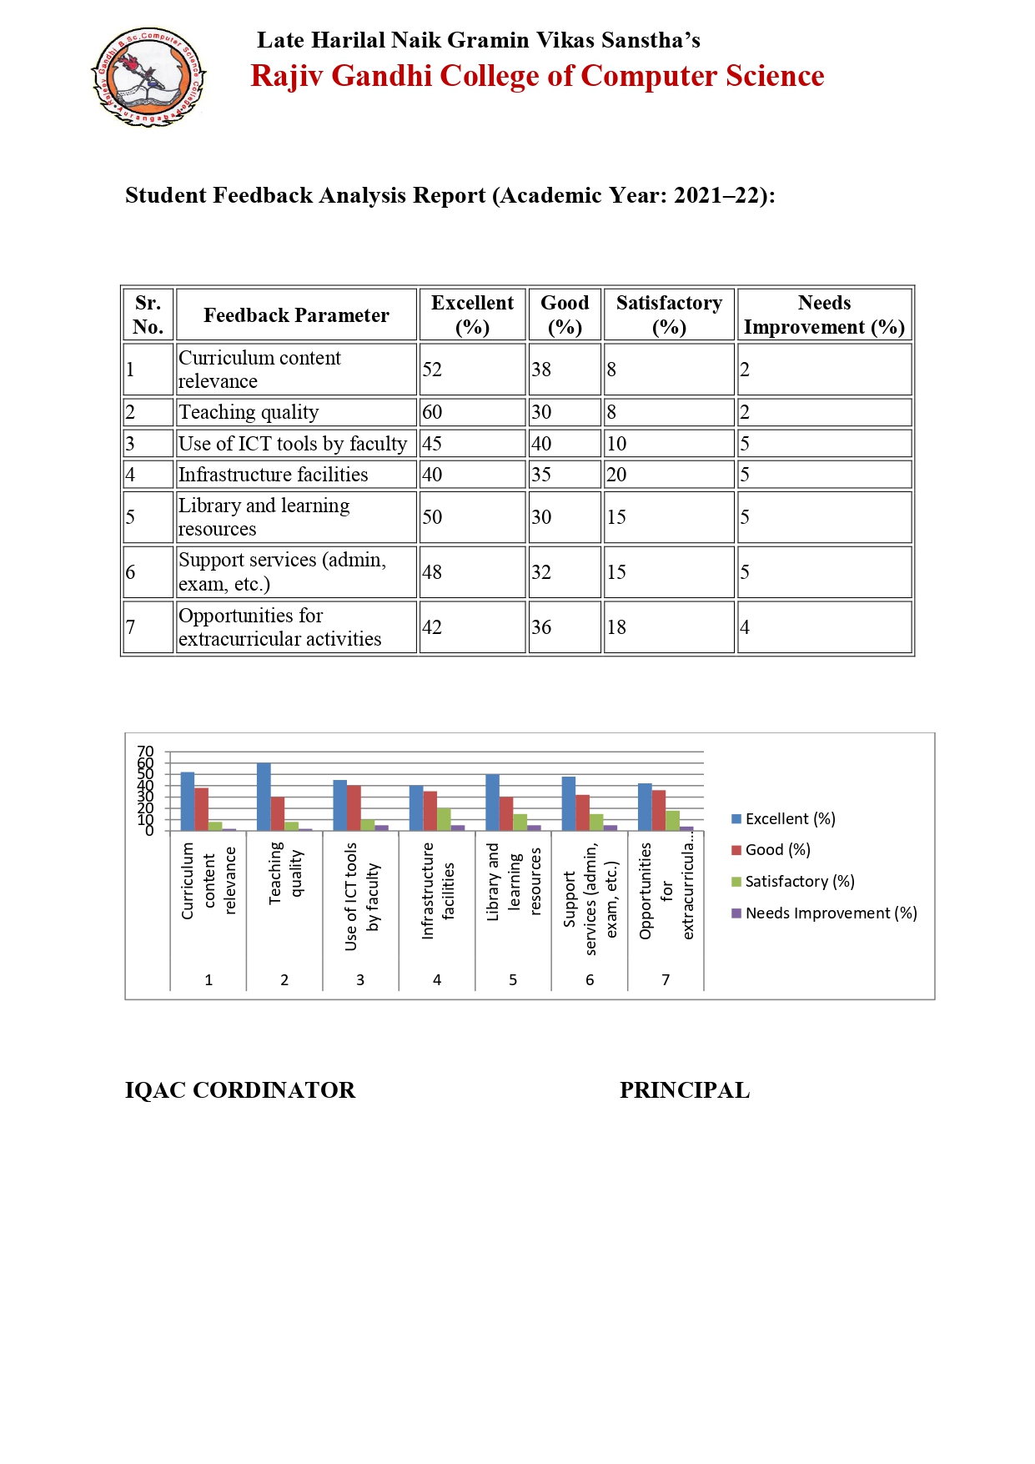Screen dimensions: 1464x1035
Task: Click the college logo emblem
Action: (148, 77)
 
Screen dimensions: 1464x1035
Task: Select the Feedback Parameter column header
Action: (296, 315)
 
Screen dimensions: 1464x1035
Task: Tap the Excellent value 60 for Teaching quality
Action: (432, 412)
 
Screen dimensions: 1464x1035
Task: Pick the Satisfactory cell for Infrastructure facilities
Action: (617, 475)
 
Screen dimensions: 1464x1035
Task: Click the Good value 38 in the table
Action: (541, 370)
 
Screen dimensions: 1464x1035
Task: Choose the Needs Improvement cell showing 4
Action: (745, 627)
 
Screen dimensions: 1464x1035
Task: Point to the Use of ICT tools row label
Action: (293, 444)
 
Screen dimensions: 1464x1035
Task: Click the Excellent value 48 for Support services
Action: (432, 572)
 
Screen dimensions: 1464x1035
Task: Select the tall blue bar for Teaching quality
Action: (264, 797)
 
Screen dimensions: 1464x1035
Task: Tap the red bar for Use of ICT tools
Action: (354, 807)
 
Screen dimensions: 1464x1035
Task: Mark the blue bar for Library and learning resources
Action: (492, 802)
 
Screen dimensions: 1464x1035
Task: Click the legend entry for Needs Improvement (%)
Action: (823, 913)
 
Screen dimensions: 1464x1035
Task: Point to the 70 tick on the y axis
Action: (145, 752)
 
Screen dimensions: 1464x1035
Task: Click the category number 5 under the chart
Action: (513, 980)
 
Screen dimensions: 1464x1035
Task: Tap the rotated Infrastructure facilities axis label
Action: (438, 890)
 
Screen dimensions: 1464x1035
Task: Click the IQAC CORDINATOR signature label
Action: (240, 1090)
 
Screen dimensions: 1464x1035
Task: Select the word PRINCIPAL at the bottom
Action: (684, 1090)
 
